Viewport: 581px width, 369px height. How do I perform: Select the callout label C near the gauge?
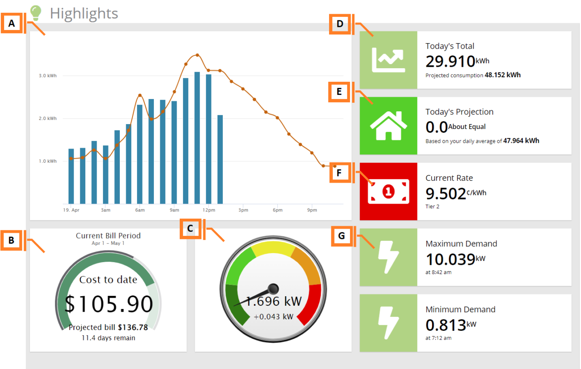click(x=191, y=229)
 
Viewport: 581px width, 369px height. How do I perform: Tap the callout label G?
click(x=341, y=236)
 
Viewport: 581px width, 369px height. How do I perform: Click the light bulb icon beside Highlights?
click(x=35, y=13)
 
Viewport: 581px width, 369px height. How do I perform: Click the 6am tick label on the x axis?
click(x=140, y=210)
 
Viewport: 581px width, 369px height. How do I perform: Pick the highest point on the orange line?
click(x=197, y=55)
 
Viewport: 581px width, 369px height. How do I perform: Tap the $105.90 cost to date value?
click(x=108, y=304)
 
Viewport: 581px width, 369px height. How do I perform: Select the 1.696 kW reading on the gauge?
click(x=274, y=301)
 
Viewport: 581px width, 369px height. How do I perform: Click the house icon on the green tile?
click(x=388, y=126)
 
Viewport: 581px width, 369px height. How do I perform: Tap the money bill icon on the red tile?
click(x=388, y=192)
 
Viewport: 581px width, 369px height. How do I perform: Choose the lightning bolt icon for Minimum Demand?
click(x=388, y=323)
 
